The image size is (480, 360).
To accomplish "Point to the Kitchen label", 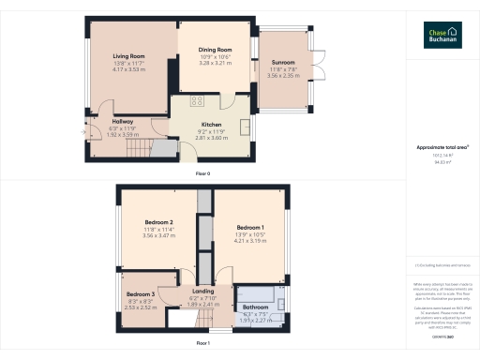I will (211, 124).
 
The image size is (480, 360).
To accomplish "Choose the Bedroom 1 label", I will (250, 228).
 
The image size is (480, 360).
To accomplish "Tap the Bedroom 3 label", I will (141, 294).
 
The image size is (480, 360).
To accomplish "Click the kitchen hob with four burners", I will (198, 100).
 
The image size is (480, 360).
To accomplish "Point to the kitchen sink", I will (245, 128).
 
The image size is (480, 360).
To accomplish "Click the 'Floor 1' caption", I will (202, 343).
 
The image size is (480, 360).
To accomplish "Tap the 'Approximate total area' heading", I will (443, 147).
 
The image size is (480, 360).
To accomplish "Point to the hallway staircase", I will (163, 149).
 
